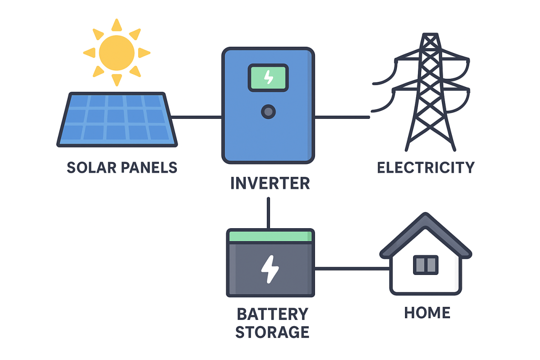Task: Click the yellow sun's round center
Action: (x=117, y=52)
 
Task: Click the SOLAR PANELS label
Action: (x=122, y=167)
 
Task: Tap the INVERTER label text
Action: (x=270, y=183)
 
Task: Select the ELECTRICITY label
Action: (x=426, y=167)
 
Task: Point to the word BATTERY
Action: (x=272, y=314)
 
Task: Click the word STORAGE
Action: (x=272, y=332)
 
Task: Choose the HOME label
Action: (x=427, y=312)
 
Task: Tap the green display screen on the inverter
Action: (x=268, y=77)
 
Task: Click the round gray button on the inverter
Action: (x=268, y=112)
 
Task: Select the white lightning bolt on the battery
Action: (x=270, y=269)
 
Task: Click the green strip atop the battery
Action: (x=270, y=236)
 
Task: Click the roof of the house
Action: (x=425, y=229)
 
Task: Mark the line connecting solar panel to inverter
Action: (x=196, y=117)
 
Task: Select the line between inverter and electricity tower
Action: (x=342, y=117)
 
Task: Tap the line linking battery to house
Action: (x=351, y=269)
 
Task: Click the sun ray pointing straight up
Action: (x=117, y=25)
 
